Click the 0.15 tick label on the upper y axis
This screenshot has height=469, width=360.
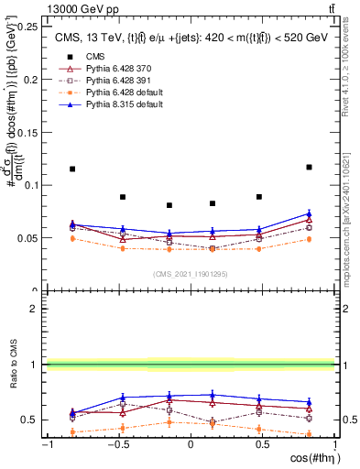[x=27, y=132]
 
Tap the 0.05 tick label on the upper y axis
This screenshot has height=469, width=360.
[x=27, y=238]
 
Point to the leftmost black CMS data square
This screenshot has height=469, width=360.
[x=72, y=169]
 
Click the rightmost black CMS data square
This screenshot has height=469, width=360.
[x=309, y=167]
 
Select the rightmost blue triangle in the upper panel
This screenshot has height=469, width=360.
[x=309, y=213]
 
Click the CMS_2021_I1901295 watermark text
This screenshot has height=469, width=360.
[x=191, y=274]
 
